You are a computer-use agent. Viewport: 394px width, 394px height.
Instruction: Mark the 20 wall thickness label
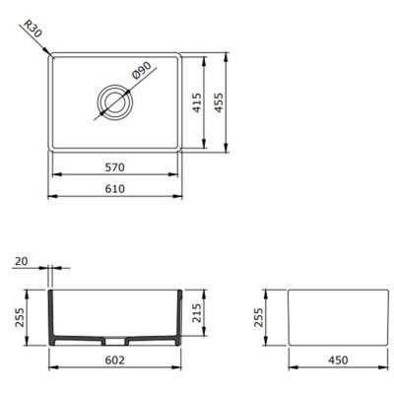(x=23, y=262)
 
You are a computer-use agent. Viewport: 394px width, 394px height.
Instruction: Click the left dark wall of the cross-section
(x=52, y=318)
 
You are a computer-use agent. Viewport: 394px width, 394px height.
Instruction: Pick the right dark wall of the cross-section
(x=179, y=318)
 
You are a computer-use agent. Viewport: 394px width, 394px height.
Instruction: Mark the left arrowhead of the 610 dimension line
(x=53, y=199)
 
